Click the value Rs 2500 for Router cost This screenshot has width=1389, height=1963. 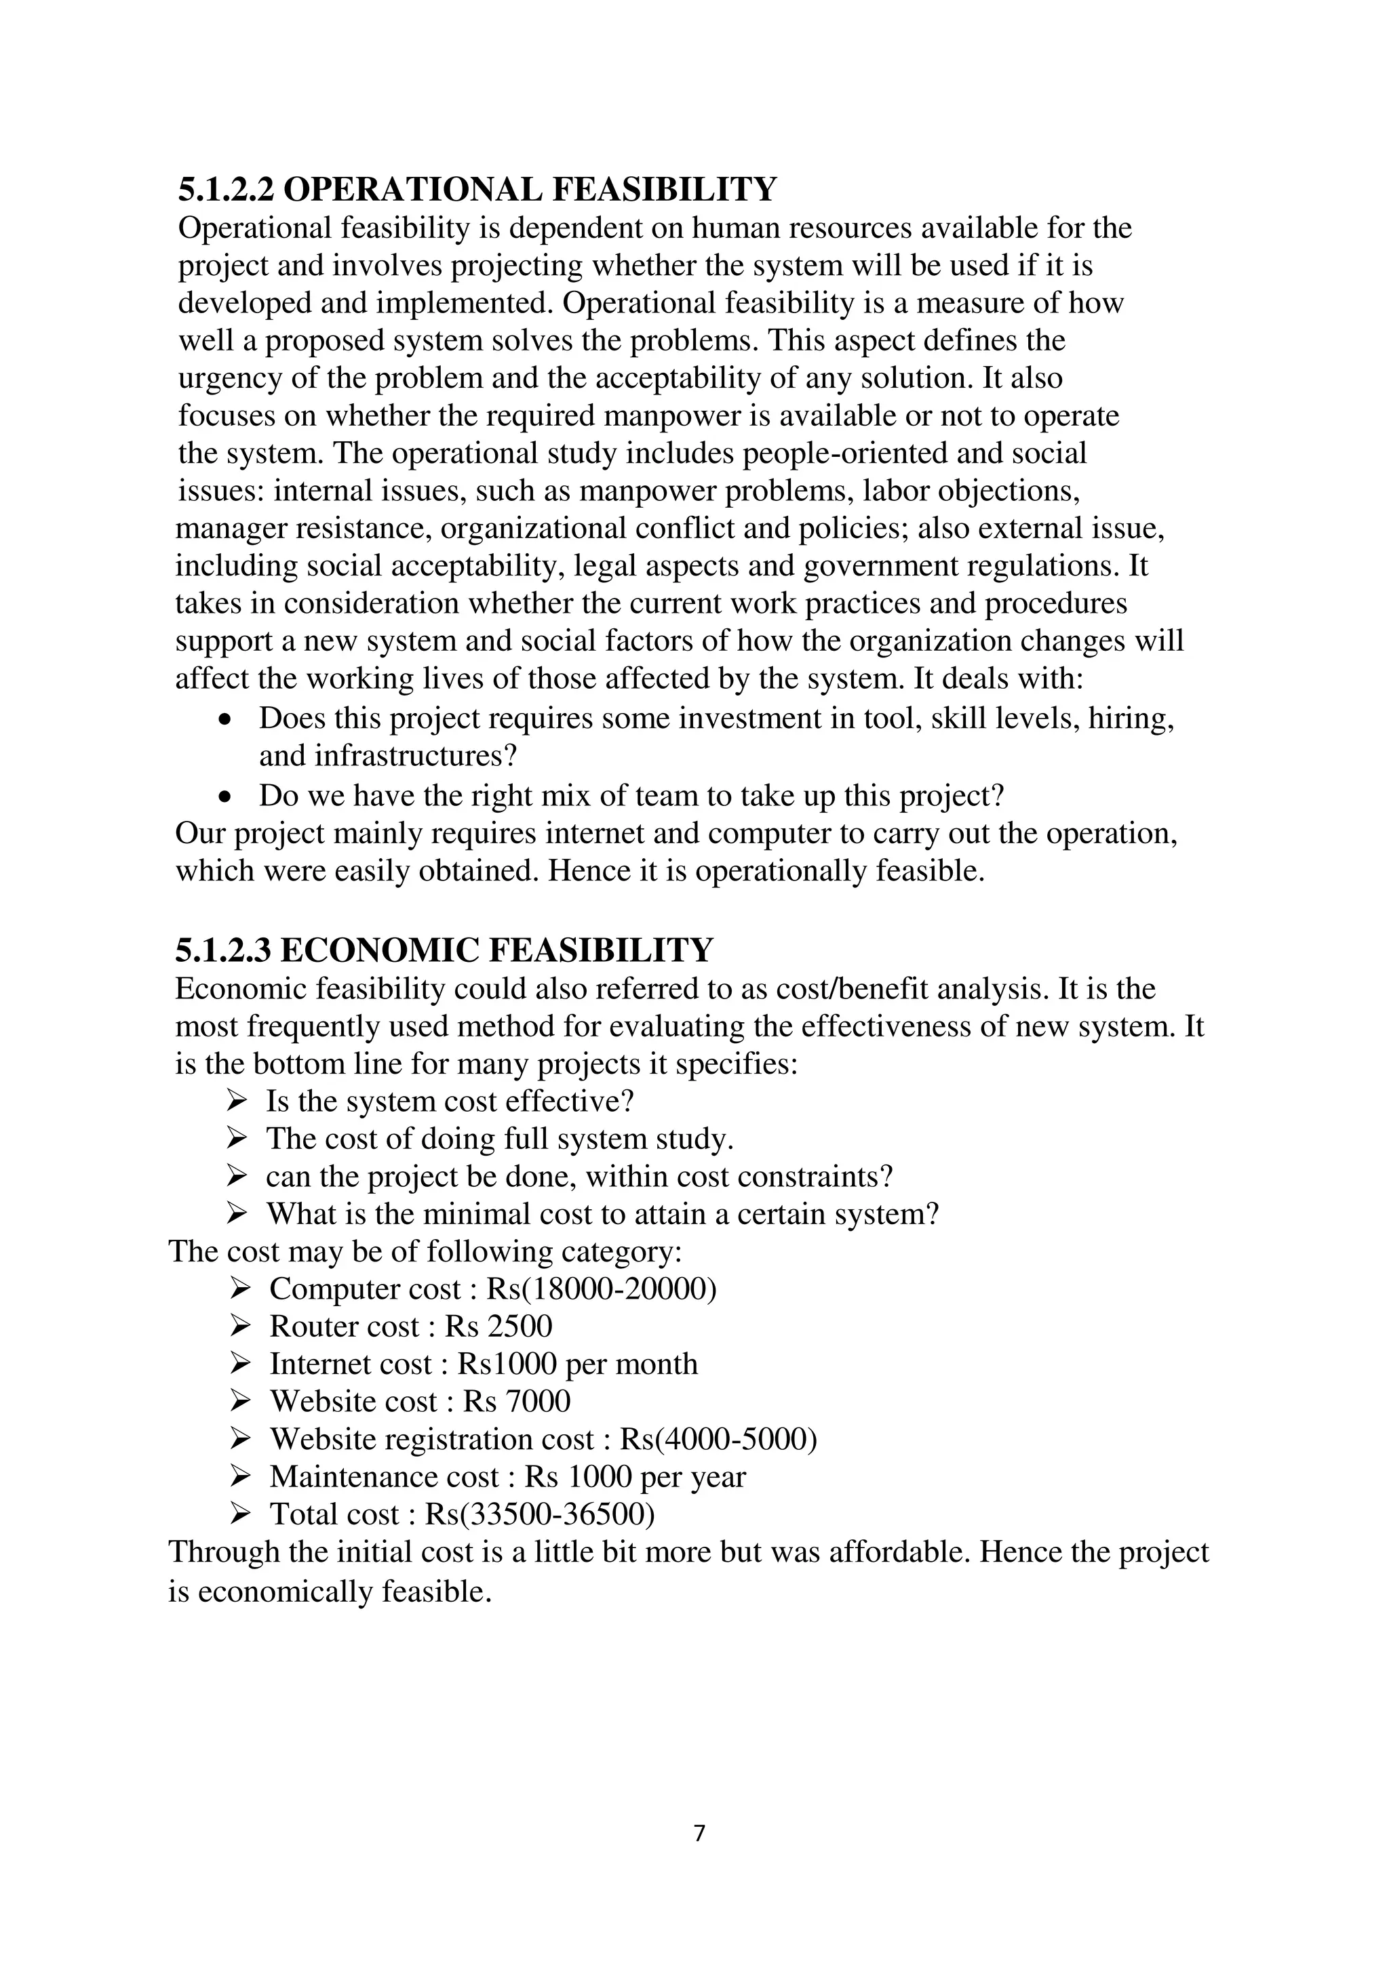tap(498, 1326)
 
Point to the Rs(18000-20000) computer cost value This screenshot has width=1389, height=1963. tap(600, 1289)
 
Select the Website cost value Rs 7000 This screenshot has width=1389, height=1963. tap(517, 1401)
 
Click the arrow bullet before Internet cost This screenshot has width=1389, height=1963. tap(239, 1363)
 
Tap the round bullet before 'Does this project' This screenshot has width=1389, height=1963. tap(225, 721)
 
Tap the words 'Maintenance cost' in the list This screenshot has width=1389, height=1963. tap(383, 1476)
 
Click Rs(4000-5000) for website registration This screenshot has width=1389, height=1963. tap(718, 1439)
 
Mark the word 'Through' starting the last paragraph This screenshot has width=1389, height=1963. tap(223, 1552)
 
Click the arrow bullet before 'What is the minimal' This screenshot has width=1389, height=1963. tap(236, 1213)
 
